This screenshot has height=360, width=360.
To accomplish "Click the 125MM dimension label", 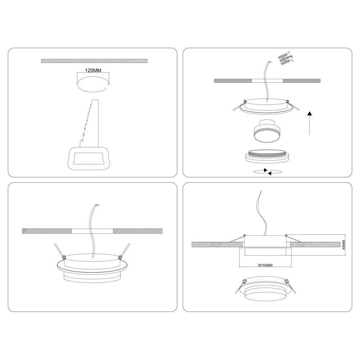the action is click(93, 70).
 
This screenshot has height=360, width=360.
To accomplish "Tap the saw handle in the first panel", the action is click(89, 158).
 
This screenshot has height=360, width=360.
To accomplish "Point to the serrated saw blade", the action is click(89, 123).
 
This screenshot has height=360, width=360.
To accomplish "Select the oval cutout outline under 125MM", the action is click(93, 85).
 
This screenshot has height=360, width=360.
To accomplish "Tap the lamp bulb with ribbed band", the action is click(266, 132).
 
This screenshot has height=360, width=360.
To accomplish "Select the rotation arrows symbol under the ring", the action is click(267, 172).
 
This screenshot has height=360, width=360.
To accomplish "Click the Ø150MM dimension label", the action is click(265, 265).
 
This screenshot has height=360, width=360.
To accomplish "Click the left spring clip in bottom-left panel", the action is click(59, 251).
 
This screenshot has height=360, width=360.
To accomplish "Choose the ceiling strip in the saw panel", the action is click(94, 61).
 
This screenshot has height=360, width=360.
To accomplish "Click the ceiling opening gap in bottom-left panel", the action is click(92, 231).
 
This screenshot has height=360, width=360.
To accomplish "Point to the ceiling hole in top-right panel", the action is click(267, 81).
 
